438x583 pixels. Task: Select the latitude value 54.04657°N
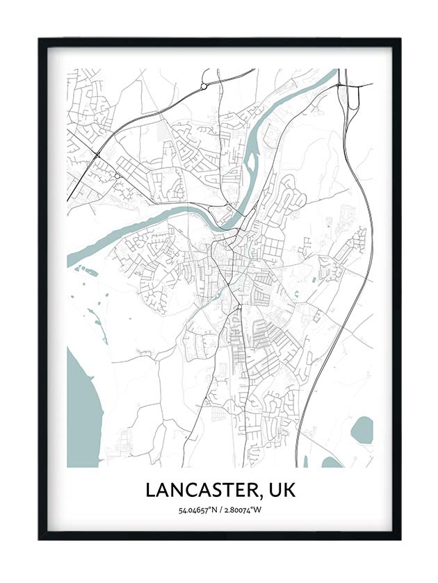[x=196, y=511]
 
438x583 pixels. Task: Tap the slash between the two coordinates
[x=220, y=511]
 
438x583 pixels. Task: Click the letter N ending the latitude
[x=213, y=511]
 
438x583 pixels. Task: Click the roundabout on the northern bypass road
[x=204, y=87]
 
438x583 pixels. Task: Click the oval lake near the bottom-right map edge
[x=362, y=430]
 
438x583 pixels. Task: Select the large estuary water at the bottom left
[x=82, y=410]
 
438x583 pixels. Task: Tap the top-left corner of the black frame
[x=40, y=40]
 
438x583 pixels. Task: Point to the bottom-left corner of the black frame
[x=40, y=538]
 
